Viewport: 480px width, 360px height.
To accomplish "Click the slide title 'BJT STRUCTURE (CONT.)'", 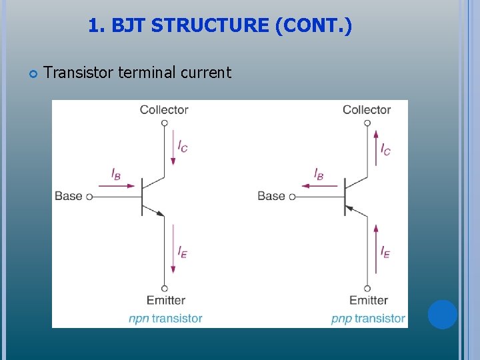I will pos(231,26).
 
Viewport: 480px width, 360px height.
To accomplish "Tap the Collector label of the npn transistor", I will pos(164,109).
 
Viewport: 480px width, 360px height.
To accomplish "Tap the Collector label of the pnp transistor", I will pos(367,109).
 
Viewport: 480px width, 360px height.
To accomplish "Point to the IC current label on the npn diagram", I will pos(183,147).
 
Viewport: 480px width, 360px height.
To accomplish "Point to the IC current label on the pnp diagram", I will pos(385,148).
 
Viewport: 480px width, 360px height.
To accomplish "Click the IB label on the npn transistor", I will pos(116,175).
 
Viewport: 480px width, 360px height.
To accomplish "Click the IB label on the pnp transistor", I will pos(319,175).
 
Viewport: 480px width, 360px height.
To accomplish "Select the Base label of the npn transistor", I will pos(68,196).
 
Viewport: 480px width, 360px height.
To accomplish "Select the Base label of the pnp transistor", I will pos(271,196).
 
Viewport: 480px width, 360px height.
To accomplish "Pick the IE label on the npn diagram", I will pos(183,251).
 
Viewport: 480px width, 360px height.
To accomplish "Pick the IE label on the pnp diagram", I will pos(385,251).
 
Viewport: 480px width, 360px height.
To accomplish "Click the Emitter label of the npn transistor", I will pos(165,300).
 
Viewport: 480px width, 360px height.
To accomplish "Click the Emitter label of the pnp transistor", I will pos(368,300).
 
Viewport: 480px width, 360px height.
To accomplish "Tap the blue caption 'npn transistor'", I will pos(165,318).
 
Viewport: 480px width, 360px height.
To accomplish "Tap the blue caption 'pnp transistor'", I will pos(368,318).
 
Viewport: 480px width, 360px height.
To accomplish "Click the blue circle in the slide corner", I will pos(442,315).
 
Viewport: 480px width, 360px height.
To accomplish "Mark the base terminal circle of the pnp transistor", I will pos(292,197).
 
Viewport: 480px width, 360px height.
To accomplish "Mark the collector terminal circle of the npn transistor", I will pos(164,123).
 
